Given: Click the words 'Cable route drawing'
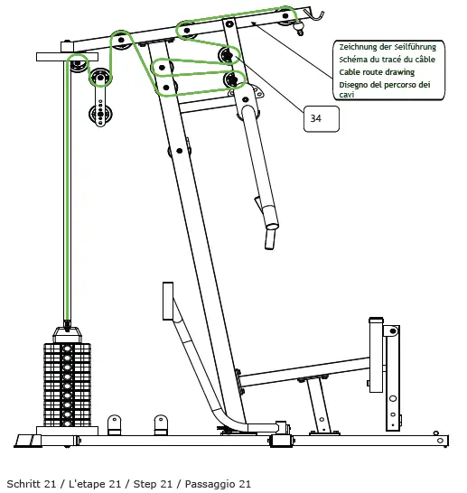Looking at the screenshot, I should coord(377,71).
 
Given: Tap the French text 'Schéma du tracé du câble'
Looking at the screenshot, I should coord(386,58).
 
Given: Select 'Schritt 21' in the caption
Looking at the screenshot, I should coord(33,484).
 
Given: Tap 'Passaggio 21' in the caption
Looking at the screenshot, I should coord(219,484).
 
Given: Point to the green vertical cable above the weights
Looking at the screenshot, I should coord(66,199).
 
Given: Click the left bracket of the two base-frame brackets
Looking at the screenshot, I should coord(115,424).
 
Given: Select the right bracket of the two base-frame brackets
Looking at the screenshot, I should coord(162,424).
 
